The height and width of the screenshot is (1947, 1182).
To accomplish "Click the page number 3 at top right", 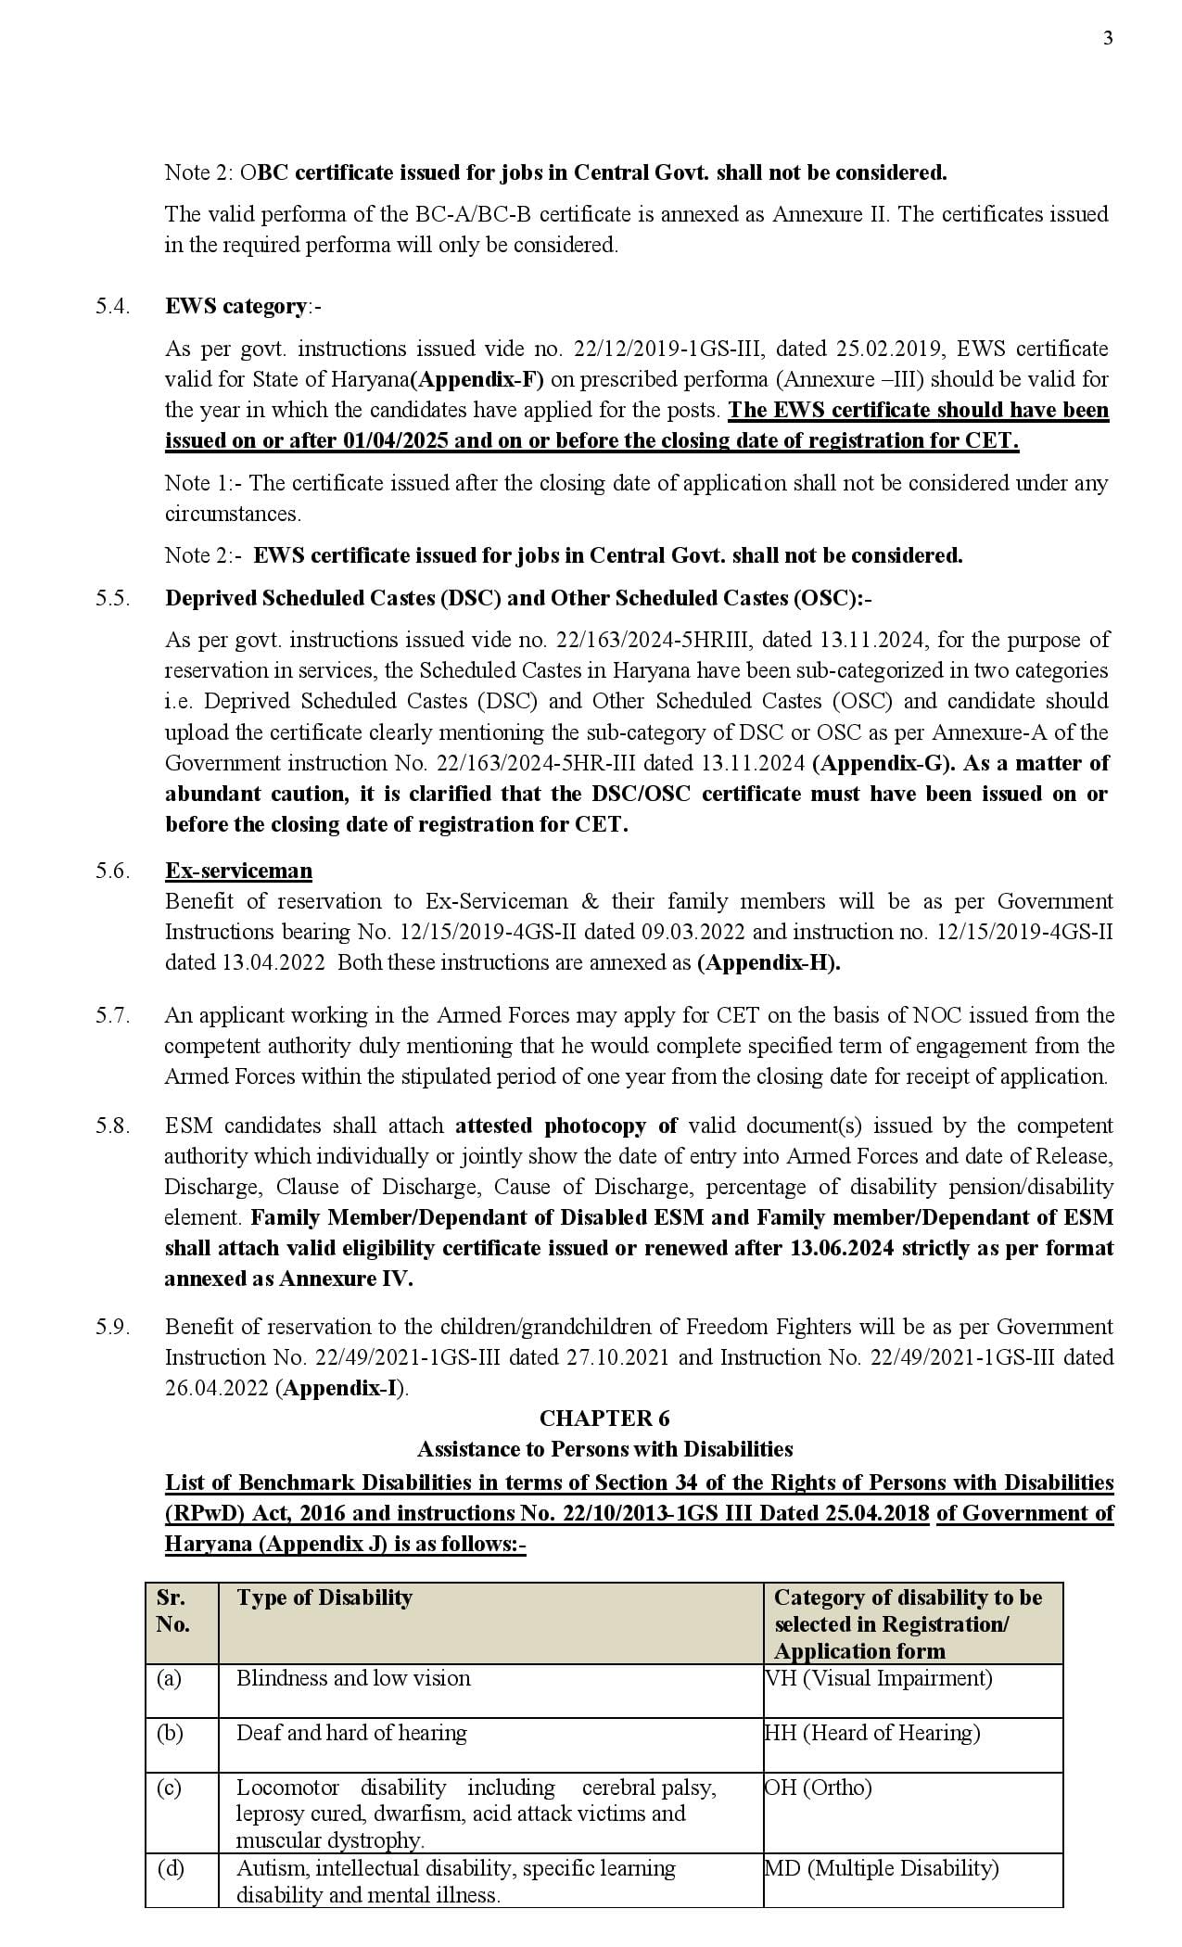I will tap(1108, 38).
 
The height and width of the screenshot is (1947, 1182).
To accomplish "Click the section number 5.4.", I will tap(112, 306).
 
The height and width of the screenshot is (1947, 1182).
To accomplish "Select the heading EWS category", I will tap(235, 306).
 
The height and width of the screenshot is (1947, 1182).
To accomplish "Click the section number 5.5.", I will tap(112, 598).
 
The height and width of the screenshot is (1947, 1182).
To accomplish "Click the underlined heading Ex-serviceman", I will tap(238, 871).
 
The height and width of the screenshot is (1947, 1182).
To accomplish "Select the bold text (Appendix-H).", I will tap(769, 962).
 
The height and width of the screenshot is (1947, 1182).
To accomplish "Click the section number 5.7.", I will tap(112, 1015).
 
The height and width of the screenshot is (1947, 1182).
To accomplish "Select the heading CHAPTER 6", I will tap(604, 1419).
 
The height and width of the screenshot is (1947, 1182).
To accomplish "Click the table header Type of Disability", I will tap(324, 1597).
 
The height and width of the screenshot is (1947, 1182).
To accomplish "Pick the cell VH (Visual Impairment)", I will tap(879, 1678).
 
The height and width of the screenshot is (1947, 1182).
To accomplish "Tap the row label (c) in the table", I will tap(169, 1788).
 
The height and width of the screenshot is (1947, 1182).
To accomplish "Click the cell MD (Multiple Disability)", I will tap(882, 1868).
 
